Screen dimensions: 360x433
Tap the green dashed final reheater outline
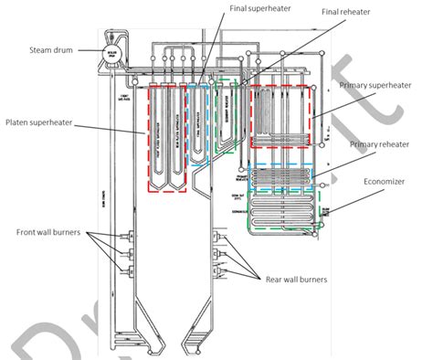(230, 114)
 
